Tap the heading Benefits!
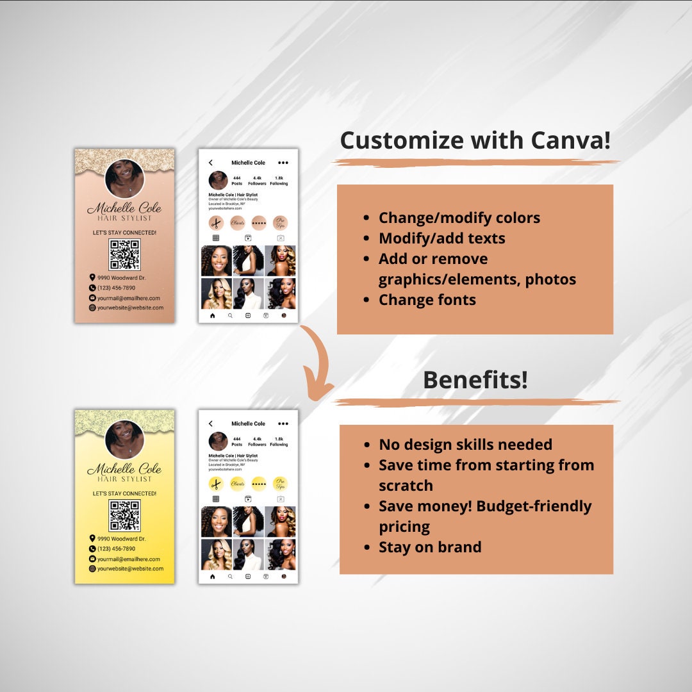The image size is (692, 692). tap(475, 380)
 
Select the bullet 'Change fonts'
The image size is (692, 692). tap(427, 300)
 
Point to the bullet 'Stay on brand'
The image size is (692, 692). tap(429, 547)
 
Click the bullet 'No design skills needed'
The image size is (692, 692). tap(465, 445)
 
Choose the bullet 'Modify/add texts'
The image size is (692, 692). tap(441, 238)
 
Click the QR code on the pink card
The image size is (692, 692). tap(124, 254)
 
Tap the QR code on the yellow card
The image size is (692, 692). tap(124, 516)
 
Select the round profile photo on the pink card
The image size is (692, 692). tap(124, 177)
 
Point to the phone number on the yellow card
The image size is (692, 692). tap(116, 549)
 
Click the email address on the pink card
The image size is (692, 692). tap(128, 298)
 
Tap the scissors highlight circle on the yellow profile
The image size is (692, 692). tap(216, 484)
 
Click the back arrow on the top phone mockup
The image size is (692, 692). tap(211, 163)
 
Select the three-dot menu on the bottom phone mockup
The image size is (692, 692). tap(283, 424)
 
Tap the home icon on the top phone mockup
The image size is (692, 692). tap(213, 315)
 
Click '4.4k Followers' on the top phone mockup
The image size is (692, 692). tap(257, 181)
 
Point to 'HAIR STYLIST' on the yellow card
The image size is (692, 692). tap(124, 479)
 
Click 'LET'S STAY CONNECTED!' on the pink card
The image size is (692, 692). tap(124, 233)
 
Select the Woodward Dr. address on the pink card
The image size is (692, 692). tap(121, 277)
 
